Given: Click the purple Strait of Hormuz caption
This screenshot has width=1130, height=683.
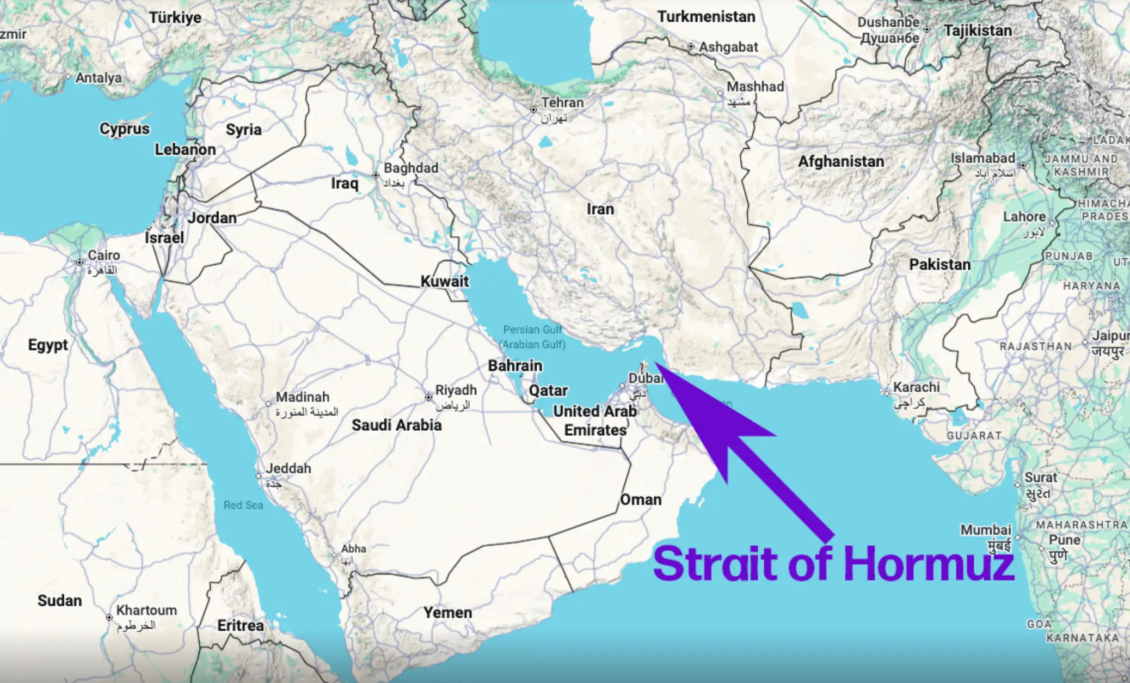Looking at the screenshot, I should [x=833, y=563].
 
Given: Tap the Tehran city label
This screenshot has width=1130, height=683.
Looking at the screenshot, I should [x=562, y=102].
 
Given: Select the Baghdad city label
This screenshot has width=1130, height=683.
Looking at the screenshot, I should [x=410, y=168].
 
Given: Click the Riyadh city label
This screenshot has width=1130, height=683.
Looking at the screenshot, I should [x=456, y=390].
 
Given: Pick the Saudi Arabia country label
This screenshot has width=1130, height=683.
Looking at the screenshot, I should [x=396, y=425].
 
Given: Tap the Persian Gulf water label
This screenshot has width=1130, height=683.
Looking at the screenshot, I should [x=532, y=330].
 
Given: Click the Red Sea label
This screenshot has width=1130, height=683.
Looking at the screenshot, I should [x=243, y=505].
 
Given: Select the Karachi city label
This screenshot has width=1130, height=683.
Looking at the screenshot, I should [x=916, y=387].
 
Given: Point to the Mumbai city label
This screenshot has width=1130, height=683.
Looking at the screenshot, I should [x=985, y=530].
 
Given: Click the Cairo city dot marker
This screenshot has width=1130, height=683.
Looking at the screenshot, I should [x=79, y=263].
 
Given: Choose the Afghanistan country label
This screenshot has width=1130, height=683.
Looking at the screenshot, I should [x=841, y=162].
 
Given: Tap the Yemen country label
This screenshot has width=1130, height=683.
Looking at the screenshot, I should [x=447, y=613].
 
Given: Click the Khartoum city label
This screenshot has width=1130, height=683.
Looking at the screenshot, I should [x=146, y=610].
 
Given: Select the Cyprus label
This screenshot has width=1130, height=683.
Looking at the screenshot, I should [x=124, y=129].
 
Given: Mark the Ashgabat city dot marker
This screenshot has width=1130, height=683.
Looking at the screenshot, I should [x=691, y=47].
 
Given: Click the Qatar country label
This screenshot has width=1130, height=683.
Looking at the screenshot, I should [x=548, y=391].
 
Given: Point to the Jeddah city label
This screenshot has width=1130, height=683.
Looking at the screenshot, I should [x=288, y=468].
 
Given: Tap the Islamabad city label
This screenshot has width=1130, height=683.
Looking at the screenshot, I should [x=982, y=158].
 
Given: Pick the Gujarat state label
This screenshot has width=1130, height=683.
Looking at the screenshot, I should [x=974, y=436].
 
